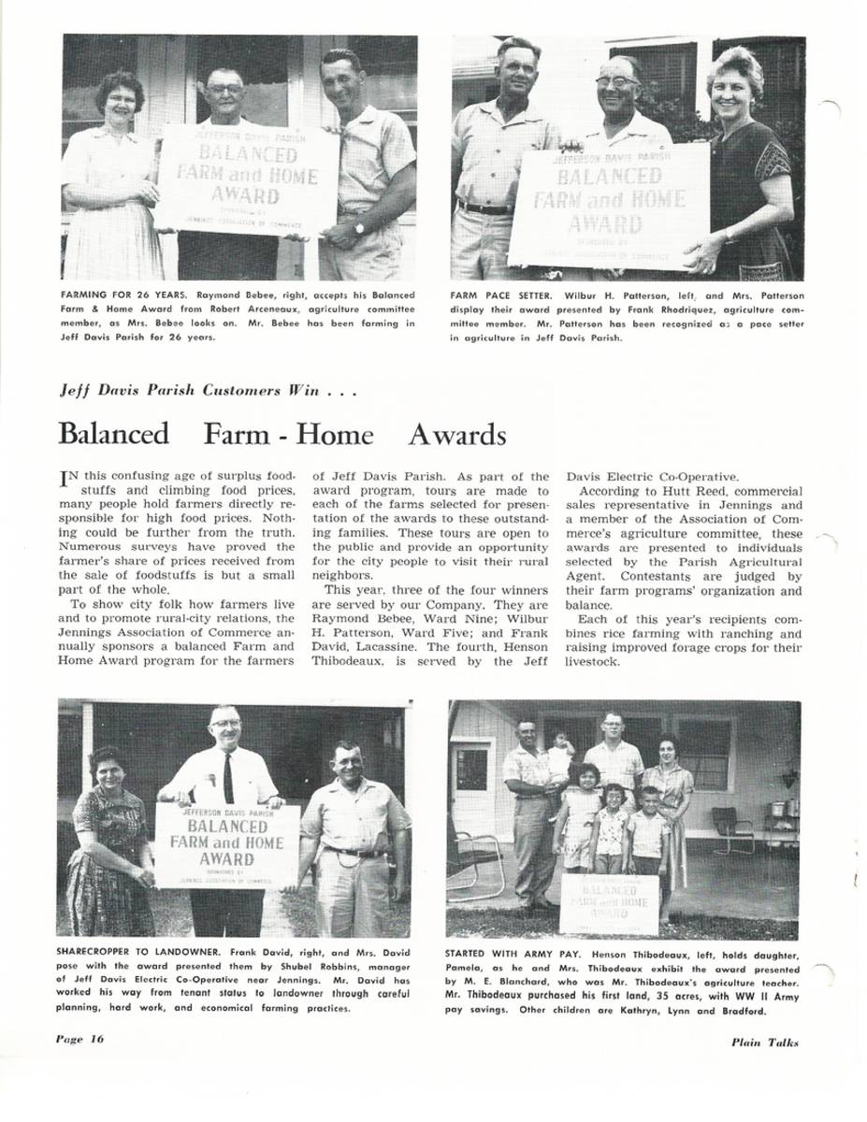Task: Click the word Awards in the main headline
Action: click(456, 435)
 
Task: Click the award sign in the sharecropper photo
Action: click(226, 844)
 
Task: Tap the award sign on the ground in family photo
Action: click(609, 902)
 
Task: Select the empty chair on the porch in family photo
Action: click(730, 827)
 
